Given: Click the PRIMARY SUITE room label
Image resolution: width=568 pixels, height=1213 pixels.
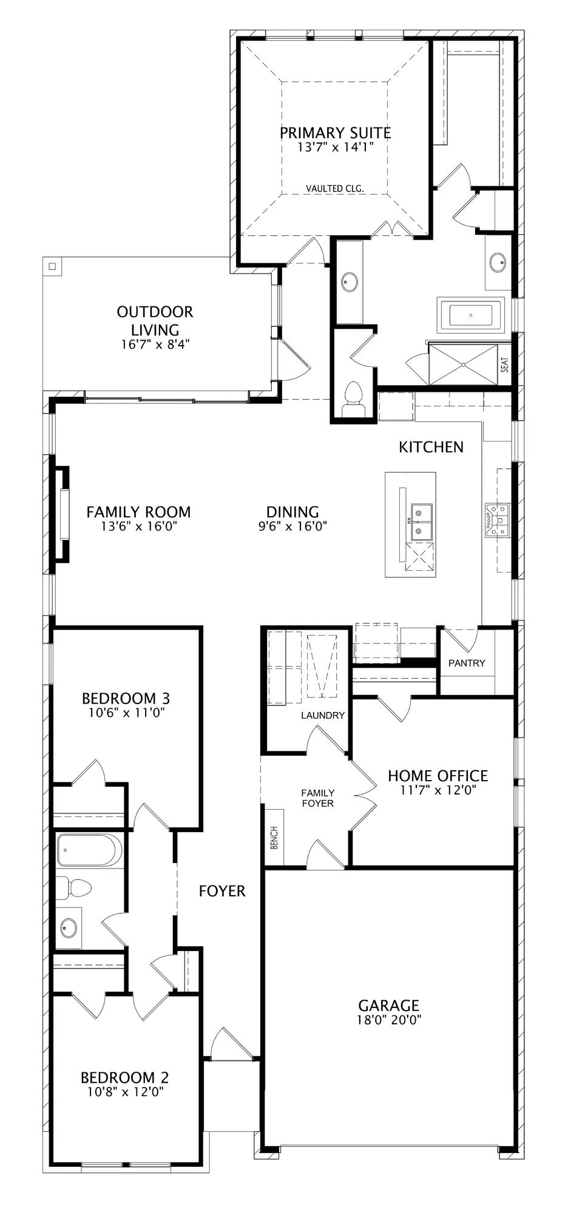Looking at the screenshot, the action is click(335, 132).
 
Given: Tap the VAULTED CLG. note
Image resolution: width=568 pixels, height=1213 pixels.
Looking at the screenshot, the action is click(335, 189).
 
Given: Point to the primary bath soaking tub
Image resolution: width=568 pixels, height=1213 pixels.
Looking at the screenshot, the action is click(472, 315).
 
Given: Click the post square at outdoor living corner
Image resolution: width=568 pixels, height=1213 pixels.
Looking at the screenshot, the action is click(52, 266).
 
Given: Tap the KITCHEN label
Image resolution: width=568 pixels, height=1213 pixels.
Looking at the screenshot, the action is click(431, 447).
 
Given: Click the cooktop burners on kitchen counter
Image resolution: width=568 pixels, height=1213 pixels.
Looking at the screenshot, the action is click(496, 519).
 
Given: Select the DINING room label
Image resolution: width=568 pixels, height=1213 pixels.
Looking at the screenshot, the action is click(292, 512).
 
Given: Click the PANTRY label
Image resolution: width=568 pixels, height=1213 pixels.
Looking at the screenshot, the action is click(467, 663).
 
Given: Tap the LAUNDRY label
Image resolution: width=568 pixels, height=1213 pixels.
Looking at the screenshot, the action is click(323, 715).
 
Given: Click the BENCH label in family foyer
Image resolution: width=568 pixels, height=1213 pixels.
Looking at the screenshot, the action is click(274, 838).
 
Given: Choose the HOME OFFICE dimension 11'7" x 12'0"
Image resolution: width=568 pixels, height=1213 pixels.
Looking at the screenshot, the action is click(438, 790).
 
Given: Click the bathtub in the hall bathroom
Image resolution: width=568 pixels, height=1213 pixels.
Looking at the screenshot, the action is click(89, 850).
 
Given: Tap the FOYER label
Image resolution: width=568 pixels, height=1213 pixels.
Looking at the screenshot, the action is click(222, 891).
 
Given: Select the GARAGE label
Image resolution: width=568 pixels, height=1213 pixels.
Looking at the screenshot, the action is click(388, 1006).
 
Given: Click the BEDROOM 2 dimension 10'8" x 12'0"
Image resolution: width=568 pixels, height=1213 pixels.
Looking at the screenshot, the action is click(124, 1092).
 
